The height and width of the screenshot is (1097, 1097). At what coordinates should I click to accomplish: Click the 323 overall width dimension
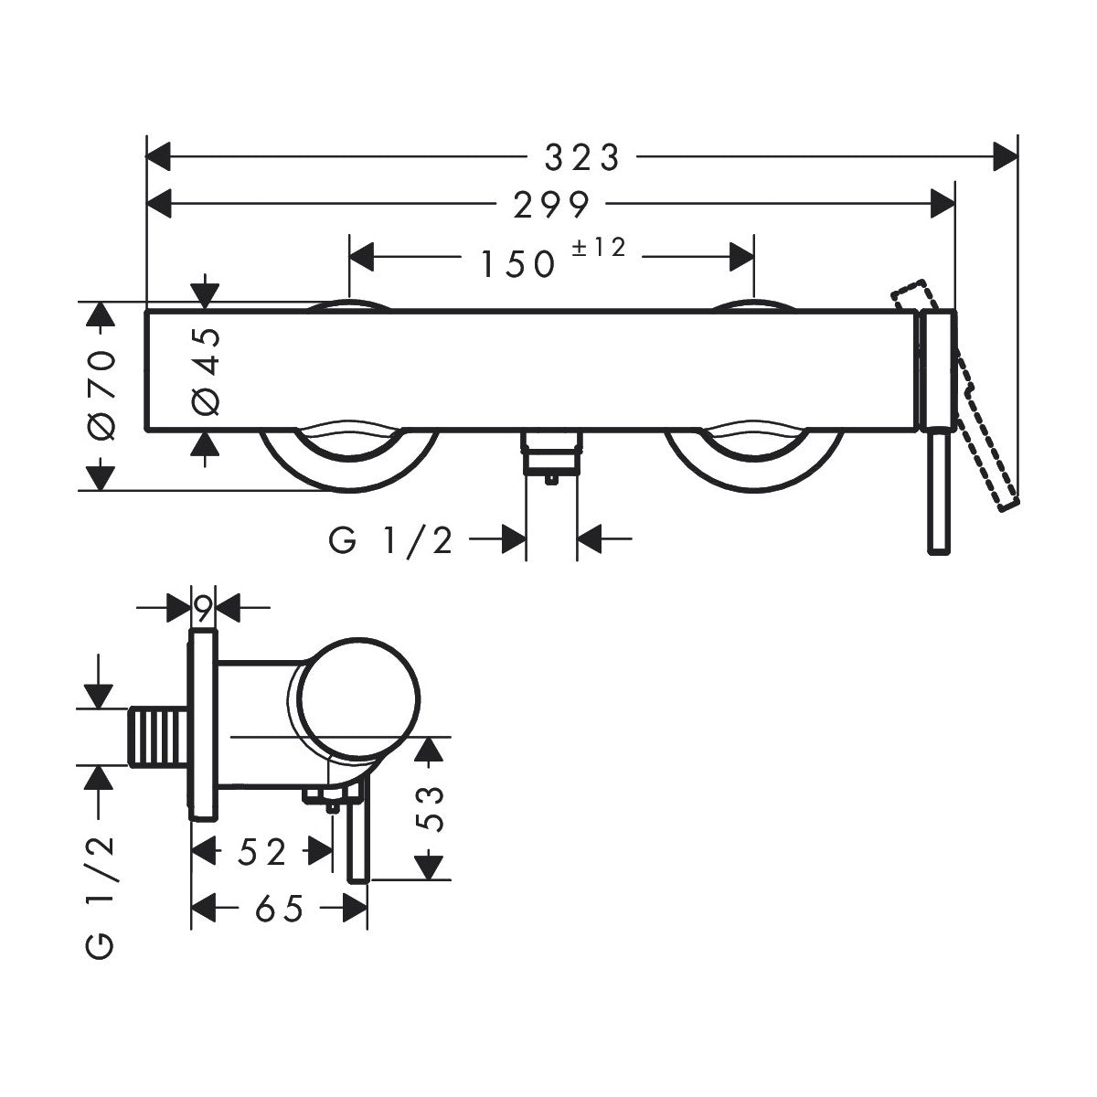pos(581,157)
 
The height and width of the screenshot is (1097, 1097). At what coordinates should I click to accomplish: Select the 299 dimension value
pos(550,205)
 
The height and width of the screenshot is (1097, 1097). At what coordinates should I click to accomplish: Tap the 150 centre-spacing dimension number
pos(517,264)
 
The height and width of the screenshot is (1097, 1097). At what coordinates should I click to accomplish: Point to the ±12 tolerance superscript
pos(598,248)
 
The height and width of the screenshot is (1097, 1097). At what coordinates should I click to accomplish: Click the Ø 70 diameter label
pos(103,395)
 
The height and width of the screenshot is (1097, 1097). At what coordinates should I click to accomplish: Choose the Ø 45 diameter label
pos(206,371)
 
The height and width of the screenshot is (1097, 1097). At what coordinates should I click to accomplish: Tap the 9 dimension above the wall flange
pos(203,610)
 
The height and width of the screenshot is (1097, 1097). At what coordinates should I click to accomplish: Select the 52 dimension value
pos(261,852)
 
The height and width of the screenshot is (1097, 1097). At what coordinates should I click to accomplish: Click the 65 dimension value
pos(279,909)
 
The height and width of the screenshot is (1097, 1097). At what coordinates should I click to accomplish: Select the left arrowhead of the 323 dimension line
pos(158,156)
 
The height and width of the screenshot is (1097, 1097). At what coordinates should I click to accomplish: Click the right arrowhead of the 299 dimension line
pos(943,204)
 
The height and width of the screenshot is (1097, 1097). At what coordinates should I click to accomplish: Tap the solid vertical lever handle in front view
pos(938,490)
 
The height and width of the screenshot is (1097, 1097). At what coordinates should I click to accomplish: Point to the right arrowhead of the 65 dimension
pos(355,908)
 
